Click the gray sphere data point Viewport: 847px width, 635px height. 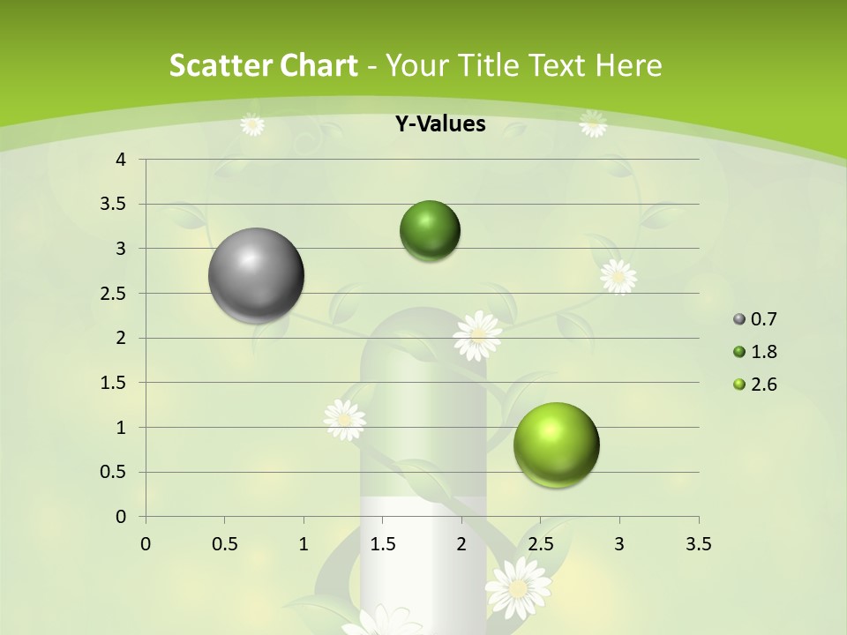coord(256,275)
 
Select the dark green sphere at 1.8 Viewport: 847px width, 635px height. coord(430,231)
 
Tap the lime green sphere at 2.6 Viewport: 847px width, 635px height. coord(556,444)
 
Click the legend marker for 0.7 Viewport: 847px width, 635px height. coord(739,319)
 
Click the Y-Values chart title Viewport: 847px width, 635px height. coord(439,124)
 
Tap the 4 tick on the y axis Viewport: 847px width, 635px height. coord(121,160)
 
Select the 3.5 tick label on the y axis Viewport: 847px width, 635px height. coord(114,204)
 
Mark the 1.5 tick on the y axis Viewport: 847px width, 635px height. coord(114,383)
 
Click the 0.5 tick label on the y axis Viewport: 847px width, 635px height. coord(114,472)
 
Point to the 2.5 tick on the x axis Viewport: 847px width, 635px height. coord(540,544)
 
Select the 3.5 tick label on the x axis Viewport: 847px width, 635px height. coord(698,544)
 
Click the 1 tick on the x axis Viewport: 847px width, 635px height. coord(304,544)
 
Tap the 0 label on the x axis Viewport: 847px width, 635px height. coord(146,544)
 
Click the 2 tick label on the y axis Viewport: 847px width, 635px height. coord(121,338)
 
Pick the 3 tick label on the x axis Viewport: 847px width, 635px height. coord(619,544)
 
